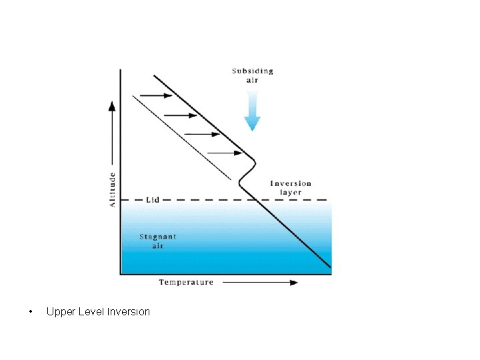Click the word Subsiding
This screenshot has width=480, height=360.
[x=252, y=71]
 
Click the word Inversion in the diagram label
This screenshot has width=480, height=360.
[x=290, y=183]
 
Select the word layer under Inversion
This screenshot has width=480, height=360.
[x=290, y=193]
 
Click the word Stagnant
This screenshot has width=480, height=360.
[x=158, y=237]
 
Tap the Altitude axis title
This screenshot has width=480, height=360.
[x=112, y=189]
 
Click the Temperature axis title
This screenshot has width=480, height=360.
[x=186, y=282]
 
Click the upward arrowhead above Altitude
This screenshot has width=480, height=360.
[x=112, y=105]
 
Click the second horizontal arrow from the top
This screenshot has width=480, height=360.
[x=180, y=115]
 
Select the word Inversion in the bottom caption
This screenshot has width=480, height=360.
[x=129, y=312]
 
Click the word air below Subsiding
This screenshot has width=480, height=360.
[x=252, y=80]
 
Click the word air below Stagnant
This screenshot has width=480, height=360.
[x=158, y=246]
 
